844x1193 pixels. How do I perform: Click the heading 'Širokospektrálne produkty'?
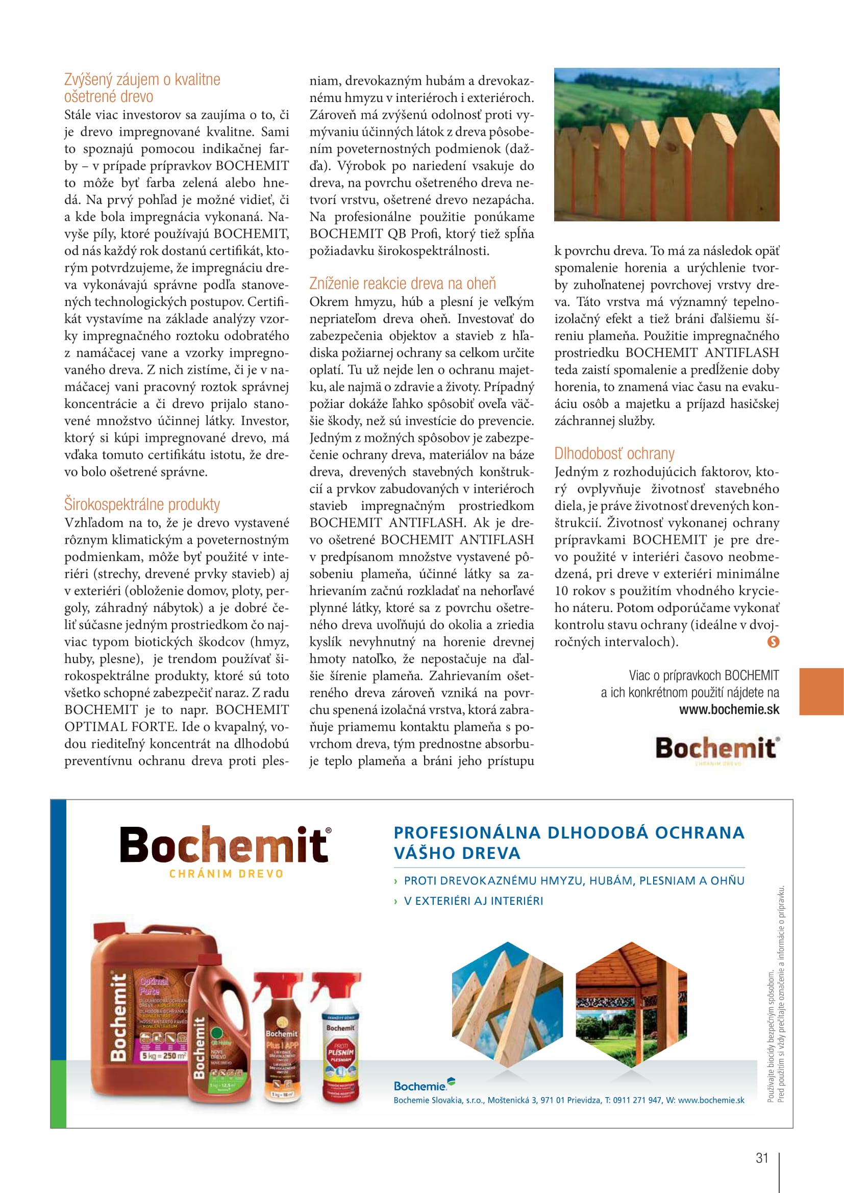[142, 504]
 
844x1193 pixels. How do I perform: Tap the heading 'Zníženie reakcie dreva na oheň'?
[402, 284]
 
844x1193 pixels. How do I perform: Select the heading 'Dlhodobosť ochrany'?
[614, 453]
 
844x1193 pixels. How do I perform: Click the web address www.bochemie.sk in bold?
[729, 710]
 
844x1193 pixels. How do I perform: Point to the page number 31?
[762, 1158]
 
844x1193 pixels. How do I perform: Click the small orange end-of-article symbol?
[773, 642]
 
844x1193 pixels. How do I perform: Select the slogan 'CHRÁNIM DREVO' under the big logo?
[227, 874]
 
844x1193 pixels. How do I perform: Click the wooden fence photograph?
[666, 144]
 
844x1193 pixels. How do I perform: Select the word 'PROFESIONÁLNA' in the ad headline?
[467, 832]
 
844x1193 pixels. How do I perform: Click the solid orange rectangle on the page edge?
[821, 692]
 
